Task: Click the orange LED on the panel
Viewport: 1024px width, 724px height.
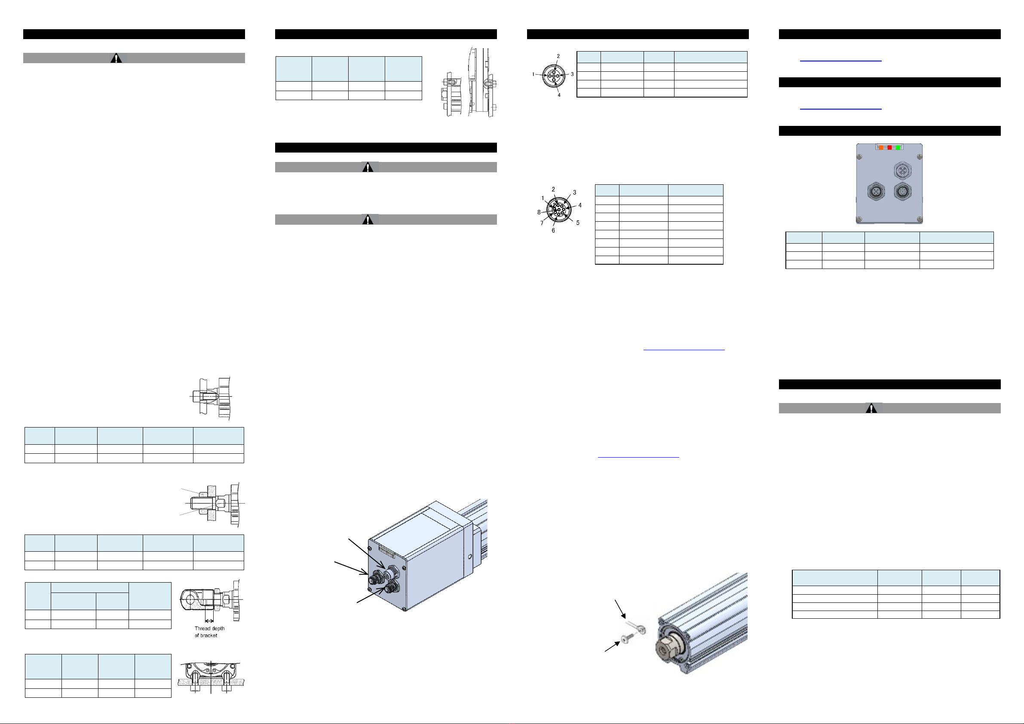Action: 881,147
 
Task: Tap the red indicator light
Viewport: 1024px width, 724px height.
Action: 889,147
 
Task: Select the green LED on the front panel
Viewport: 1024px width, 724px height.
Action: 898,147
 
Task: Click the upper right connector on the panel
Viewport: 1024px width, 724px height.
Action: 902,170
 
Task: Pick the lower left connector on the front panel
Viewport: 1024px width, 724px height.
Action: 876,192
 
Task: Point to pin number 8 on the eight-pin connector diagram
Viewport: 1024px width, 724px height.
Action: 539,212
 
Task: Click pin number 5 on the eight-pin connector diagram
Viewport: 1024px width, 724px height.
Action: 578,223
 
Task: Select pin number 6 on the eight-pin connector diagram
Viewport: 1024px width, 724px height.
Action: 553,230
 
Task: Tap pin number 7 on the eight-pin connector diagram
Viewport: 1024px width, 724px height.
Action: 542,223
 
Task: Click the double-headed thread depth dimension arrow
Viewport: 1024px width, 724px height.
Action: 209,620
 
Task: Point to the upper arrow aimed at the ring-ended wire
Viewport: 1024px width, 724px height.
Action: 620,609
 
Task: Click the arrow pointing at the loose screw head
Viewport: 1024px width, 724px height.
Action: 612,646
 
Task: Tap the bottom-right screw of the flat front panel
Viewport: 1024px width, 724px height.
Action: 919,219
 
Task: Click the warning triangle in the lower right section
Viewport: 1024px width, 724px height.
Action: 871,408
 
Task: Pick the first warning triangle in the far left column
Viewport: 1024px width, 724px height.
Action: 116,58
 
